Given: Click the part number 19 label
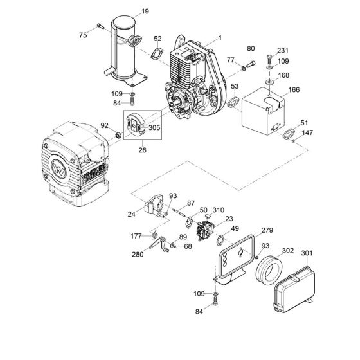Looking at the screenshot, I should [x=145, y=11].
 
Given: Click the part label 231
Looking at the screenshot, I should [x=283, y=50].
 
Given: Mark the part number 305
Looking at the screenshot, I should [x=154, y=128].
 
